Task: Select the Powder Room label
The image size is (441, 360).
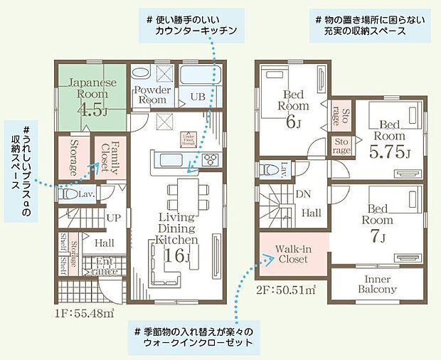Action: coord(152,95)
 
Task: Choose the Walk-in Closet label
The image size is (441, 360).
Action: coord(292,254)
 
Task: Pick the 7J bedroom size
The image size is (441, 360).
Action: coord(378,235)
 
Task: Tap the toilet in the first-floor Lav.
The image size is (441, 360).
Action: coord(68,194)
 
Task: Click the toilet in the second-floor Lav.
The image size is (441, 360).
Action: coord(268,170)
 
